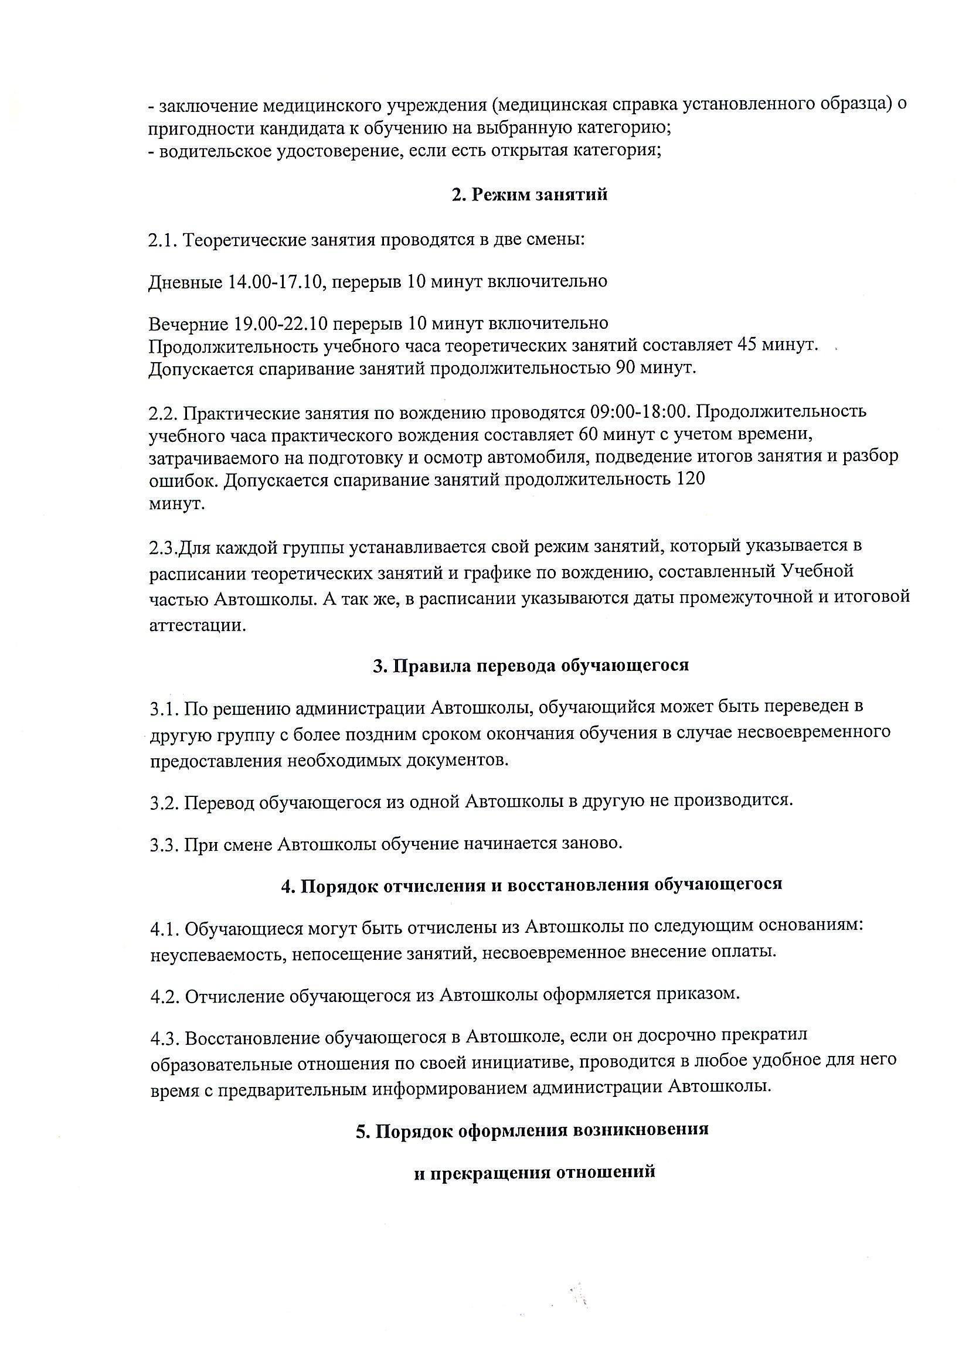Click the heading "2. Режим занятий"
click(x=529, y=195)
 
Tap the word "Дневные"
click(x=186, y=281)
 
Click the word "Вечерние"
click(x=188, y=323)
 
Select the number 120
click(x=688, y=479)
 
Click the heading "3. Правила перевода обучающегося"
click(x=531, y=665)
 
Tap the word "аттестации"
click(x=197, y=626)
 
